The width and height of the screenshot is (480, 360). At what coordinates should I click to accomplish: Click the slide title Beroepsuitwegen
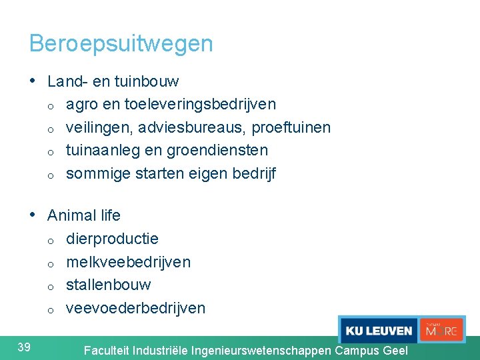click(x=121, y=44)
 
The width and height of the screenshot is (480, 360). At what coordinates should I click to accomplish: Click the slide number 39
click(x=24, y=346)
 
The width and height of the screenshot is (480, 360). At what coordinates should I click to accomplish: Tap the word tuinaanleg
click(x=99, y=151)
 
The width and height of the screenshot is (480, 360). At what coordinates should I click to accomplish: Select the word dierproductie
click(x=112, y=239)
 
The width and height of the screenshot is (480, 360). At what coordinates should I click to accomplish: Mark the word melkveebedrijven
click(x=128, y=262)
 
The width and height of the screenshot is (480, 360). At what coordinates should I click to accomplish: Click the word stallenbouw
click(x=108, y=285)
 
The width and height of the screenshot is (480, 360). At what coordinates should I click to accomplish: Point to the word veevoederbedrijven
click(x=135, y=308)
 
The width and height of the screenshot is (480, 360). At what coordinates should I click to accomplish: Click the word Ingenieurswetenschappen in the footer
click(x=261, y=350)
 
